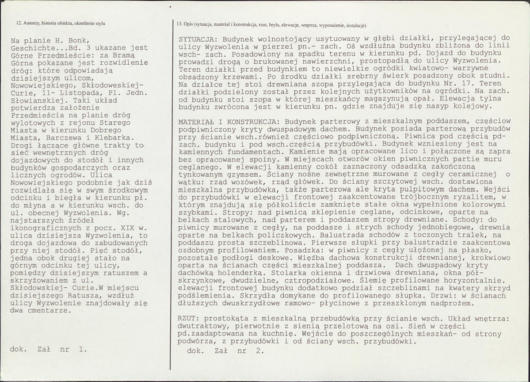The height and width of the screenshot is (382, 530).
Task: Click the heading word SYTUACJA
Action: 195,39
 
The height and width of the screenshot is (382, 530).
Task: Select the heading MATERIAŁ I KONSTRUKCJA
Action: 227,121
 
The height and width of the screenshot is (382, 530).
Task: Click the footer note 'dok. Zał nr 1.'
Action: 49,349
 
